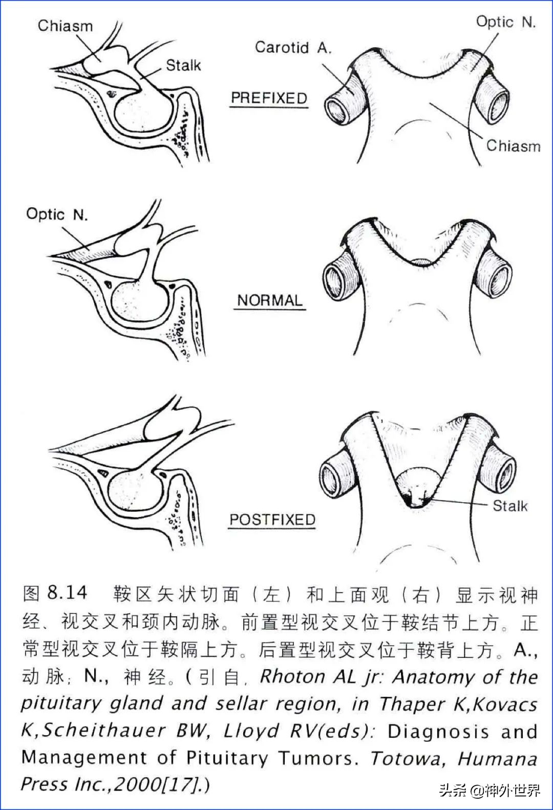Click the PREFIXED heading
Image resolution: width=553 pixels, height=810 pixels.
tap(269, 98)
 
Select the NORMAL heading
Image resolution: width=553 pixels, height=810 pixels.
tap(270, 300)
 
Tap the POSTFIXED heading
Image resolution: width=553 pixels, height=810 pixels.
tap(272, 520)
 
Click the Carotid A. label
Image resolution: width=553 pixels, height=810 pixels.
tap(293, 48)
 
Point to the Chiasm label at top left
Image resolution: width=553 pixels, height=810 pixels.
tap(65, 26)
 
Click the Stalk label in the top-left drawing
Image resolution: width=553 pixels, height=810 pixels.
tap(183, 65)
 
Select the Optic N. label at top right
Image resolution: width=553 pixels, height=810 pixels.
tap(505, 22)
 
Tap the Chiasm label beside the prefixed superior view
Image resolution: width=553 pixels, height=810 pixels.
tap(513, 146)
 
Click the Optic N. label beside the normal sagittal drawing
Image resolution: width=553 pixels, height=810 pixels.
tap(57, 214)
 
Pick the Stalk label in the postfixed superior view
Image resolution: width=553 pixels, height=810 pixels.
tap(510, 506)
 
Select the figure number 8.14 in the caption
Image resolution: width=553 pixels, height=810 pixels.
tap(67, 593)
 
